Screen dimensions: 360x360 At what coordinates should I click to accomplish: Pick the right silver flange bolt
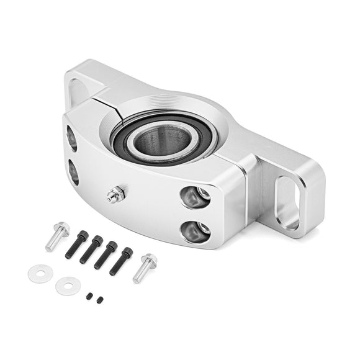[145, 267]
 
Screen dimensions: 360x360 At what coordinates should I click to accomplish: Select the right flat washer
[65, 286]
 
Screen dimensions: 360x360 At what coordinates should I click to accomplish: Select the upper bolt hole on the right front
[195, 197]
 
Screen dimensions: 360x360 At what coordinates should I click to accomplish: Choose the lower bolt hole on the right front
[195, 232]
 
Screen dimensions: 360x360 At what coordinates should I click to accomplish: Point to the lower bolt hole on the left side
[73, 173]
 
